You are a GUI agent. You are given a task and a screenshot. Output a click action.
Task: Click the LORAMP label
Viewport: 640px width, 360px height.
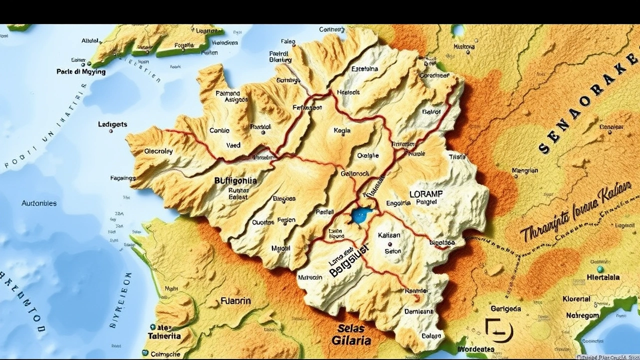[426, 193]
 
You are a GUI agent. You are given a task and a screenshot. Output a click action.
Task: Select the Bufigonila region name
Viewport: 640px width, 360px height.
[235, 181]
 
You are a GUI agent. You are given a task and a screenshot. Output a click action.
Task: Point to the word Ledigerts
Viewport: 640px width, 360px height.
[112, 124]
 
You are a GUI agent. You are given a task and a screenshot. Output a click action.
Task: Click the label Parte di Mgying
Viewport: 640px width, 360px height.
[81, 71]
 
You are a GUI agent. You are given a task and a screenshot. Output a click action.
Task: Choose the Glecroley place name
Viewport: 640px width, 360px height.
[158, 151]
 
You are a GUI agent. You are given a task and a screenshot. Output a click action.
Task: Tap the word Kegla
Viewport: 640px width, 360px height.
[342, 130]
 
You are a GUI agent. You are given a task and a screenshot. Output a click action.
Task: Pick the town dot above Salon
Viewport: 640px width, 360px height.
[389, 244]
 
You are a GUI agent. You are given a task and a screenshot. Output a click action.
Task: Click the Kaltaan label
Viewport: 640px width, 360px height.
[389, 235]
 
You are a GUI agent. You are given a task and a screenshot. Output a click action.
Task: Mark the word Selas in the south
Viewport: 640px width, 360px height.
[351, 328]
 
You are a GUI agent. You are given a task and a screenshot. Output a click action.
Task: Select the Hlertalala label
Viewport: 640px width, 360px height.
[602, 277]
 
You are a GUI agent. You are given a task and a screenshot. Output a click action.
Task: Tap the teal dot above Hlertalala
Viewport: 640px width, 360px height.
[599, 269]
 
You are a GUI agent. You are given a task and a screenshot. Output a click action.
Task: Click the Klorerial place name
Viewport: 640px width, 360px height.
[576, 299]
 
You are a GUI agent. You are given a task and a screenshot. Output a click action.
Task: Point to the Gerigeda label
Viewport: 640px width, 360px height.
[506, 309]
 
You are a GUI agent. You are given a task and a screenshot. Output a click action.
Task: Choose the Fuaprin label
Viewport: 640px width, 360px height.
[235, 301]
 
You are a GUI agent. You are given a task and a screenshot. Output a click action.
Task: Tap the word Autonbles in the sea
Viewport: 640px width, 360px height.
[39, 203]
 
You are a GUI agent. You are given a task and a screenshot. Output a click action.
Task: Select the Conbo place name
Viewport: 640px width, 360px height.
[219, 130]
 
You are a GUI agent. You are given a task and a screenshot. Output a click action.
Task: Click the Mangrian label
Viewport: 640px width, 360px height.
[524, 170]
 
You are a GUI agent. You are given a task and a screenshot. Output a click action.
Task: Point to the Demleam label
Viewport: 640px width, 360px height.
[418, 311]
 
